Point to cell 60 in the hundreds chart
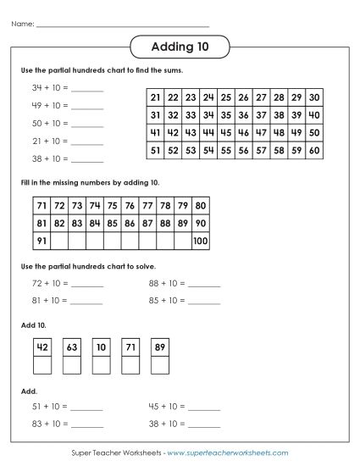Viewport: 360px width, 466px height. tap(314, 150)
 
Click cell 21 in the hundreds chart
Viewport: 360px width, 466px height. tap(155, 97)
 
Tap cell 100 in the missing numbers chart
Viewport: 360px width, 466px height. tap(199, 241)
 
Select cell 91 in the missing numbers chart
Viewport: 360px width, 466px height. tap(41, 241)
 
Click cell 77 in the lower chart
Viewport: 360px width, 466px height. tap(147, 206)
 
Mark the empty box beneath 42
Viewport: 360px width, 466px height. tap(41, 365)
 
